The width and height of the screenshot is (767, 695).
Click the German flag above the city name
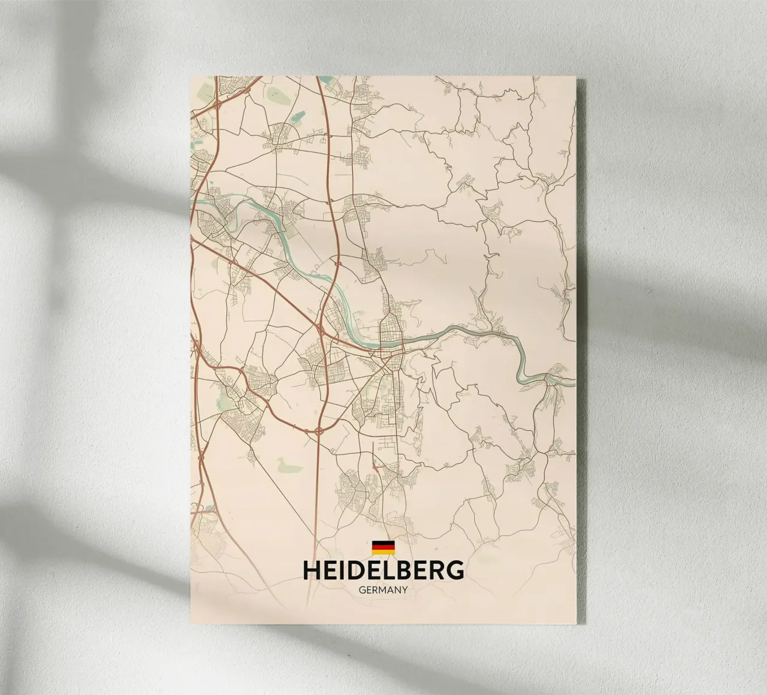383,547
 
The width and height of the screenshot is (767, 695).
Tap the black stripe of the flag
383,543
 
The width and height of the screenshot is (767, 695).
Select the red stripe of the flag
383,547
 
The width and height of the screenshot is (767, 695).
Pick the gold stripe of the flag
383,551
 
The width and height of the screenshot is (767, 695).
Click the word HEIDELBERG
383,570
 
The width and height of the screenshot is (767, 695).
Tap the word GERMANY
383,590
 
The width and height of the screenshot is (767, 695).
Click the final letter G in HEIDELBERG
455,570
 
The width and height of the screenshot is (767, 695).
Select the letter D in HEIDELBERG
355,570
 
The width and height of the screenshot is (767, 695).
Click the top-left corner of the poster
191,76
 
